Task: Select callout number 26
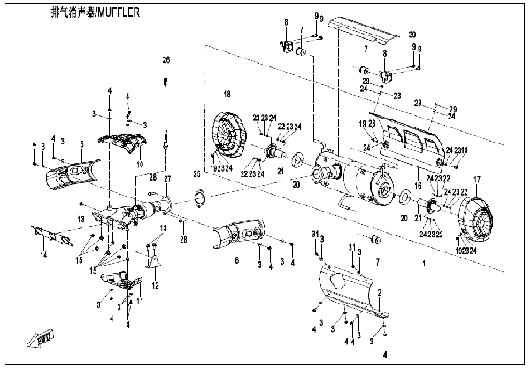(165, 59)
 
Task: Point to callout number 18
(227, 94)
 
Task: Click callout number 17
(477, 180)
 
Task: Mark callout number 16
(419, 187)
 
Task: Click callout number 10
(139, 165)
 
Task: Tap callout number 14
(42, 255)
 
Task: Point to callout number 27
(166, 180)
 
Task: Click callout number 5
(81, 143)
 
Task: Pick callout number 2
(381, 292)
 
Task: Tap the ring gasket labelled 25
(200, 197)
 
